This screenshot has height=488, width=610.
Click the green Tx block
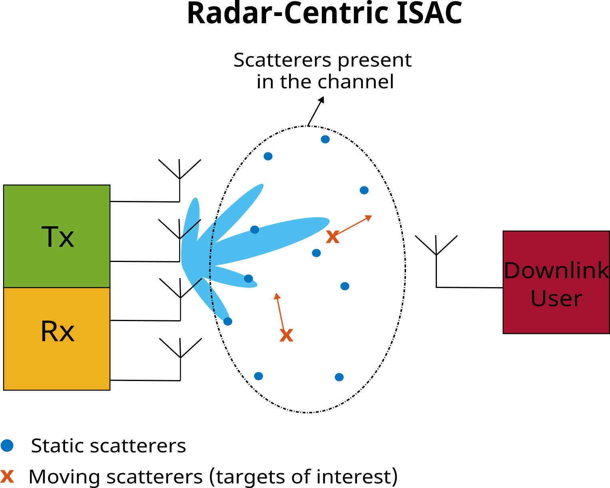point(57,236)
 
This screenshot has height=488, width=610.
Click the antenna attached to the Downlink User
point(436,248)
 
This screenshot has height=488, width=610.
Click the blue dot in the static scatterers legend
point(7,445)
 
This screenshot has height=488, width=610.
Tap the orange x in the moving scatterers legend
point(7,476)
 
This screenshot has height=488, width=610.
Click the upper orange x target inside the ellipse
point(333,237)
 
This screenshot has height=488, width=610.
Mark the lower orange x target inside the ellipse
point(286,335)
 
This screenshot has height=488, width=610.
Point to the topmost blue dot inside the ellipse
point(325,139)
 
